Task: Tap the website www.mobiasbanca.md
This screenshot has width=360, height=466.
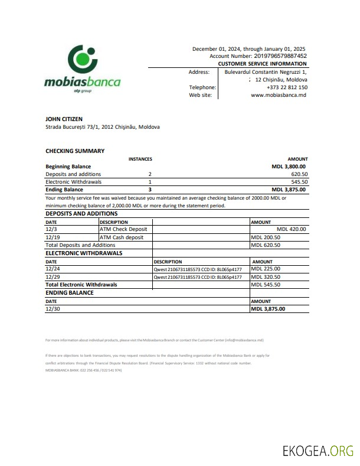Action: click(279, 94)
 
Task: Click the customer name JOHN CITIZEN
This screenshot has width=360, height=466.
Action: click(64, 119)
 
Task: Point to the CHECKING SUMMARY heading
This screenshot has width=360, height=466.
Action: click(75, 151)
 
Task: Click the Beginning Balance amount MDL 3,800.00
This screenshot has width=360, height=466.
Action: click(289, 167)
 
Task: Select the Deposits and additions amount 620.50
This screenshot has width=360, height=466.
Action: click(299, 174)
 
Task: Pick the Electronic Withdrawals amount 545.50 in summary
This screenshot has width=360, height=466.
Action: click(299, 182)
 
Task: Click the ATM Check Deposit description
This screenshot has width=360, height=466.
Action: click(123, 229)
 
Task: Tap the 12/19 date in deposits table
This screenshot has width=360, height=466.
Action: click(51, 237)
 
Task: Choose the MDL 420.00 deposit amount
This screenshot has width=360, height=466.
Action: click(291, 229)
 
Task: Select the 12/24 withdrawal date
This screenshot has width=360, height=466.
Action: click(51, 269)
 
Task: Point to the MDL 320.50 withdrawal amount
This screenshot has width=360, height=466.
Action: click(266, 276)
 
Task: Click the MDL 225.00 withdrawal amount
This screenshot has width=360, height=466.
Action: click(266, 269)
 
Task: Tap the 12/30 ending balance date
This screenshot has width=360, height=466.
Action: click(51, 308)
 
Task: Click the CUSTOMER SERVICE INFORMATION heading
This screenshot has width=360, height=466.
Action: click(262, 64)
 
